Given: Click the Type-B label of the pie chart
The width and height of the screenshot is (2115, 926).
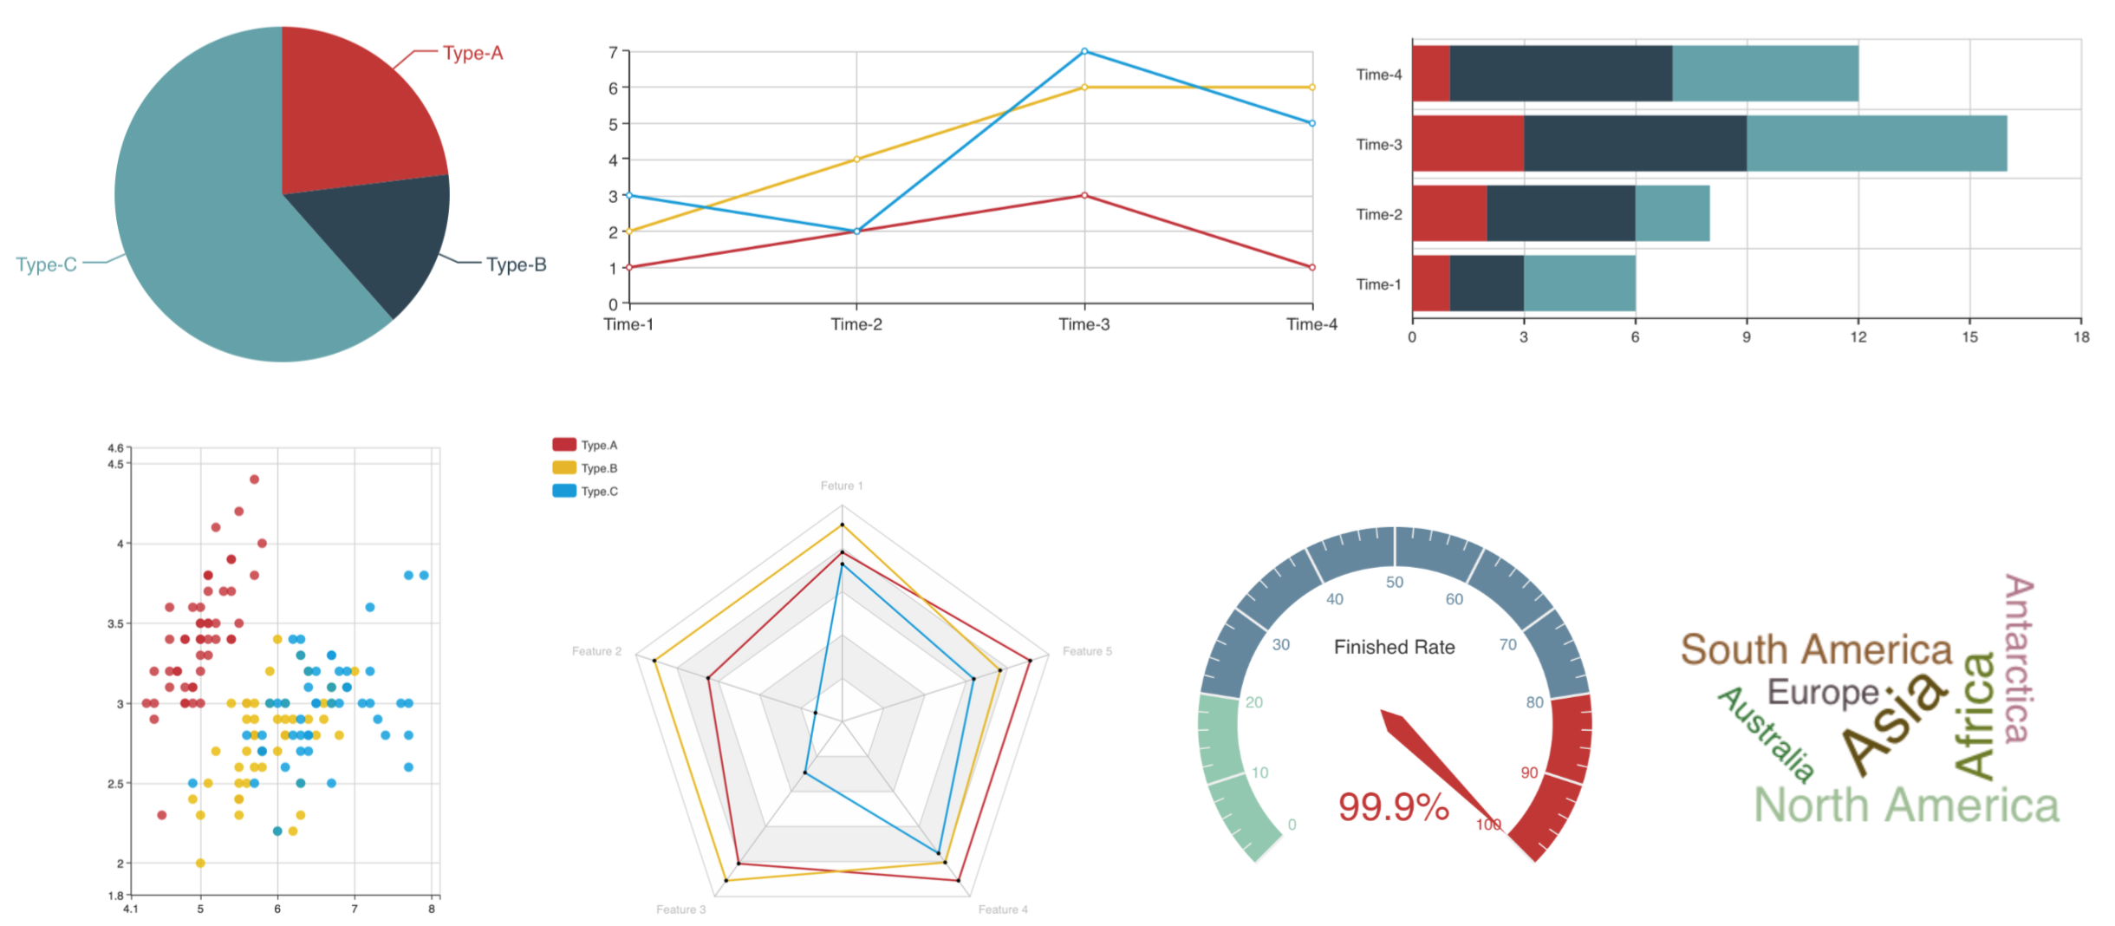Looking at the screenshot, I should point(516,264).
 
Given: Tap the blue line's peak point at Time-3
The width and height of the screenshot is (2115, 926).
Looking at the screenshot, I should point(1084,51).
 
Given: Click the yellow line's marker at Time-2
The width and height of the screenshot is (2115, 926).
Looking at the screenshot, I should point(856,159).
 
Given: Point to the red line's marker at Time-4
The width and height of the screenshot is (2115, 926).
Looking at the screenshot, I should point(1311,267).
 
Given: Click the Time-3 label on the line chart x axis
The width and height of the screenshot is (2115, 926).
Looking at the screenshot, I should point(1084,324).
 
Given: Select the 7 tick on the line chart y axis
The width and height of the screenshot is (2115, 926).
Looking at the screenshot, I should point(613,52).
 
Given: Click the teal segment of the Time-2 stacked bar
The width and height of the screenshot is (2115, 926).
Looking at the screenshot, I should point(1672,213).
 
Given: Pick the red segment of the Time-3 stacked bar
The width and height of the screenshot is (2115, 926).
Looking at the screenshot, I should point(1467,143).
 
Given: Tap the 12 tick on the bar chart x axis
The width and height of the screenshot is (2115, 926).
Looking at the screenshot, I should point(1858,336).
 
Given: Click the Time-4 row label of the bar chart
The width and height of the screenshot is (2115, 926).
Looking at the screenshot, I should point(1378,75).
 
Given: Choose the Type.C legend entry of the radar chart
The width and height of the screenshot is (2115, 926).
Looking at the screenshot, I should point(586,491).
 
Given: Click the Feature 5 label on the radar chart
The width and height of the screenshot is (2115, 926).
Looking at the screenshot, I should point(1087,651).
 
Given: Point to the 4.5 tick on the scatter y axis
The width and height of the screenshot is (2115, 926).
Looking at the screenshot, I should point(115,464).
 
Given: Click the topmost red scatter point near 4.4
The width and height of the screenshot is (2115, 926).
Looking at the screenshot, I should point(254,479).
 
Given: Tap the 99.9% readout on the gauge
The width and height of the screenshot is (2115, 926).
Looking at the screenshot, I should point(1393,806).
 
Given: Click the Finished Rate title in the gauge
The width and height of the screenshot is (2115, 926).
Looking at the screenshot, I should point(1394,647).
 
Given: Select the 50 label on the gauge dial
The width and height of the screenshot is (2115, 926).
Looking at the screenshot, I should point(1394,582).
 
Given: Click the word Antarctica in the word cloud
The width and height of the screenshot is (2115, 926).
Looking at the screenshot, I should point(2018,659).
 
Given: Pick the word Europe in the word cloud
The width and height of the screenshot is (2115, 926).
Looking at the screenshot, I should point(1822,692).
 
